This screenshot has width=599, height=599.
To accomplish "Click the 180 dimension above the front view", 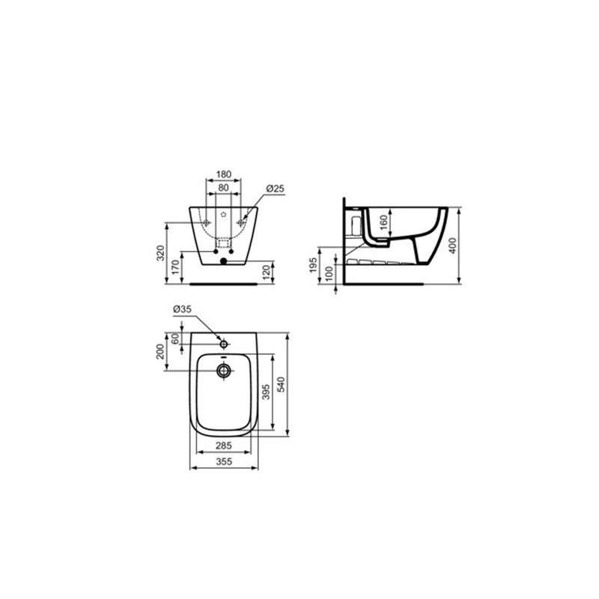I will [x=223, y=174].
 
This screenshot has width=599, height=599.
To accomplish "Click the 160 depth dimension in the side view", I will [x=383, y=222].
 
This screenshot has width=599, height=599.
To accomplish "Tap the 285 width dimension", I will [x=223, y=446].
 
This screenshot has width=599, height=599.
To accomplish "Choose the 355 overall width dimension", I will [x=223, y=463].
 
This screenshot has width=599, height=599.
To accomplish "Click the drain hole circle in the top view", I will [x=223, y=370].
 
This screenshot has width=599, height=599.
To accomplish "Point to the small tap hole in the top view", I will [x=223, y=343].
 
